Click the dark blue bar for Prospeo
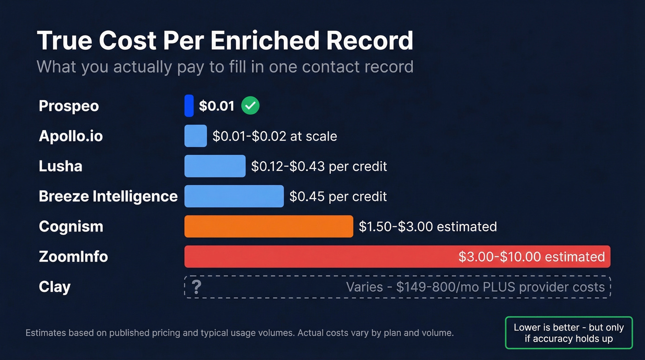[x=189, y=106]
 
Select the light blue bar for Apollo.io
[x=195, y=136]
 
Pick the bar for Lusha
[x=215, y=166]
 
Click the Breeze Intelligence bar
[x=234, y=196]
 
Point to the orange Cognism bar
[x=269, y=226]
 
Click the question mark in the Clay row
[x=196, y=287]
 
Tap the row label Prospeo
[x=69, y=106]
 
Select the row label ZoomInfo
[x=73, y=256]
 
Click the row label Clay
[x=54, y=287]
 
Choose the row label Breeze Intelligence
[x=108, y=196]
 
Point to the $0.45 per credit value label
[x=338, y=196]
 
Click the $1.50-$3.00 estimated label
[x=428, y=226]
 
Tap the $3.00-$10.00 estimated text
[x=531, y=257]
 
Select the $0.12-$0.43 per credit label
[x=319, y=166]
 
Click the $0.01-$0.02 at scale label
[x=275, y=136]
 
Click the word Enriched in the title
[x=266, y=41]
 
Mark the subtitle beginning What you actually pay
[x=225, y=67]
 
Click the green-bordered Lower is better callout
[x=569, y=333]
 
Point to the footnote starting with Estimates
[x=240, y=332]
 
